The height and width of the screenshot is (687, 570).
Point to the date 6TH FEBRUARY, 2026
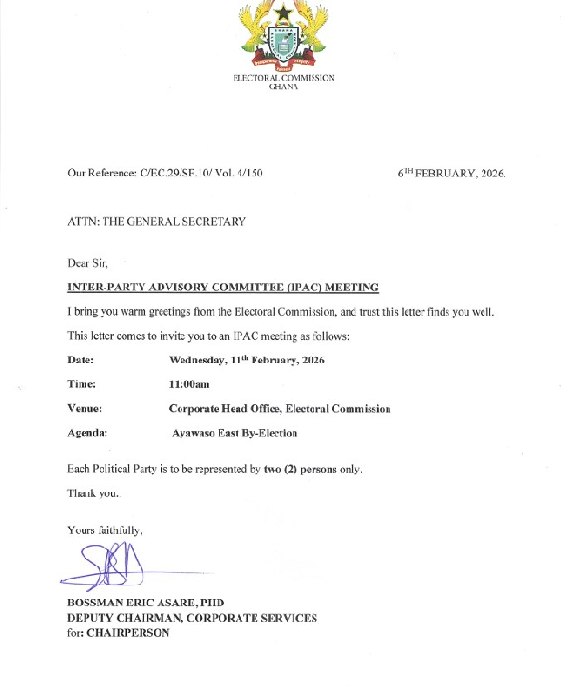[451, 174]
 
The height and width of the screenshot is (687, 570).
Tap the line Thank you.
[93, 493]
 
